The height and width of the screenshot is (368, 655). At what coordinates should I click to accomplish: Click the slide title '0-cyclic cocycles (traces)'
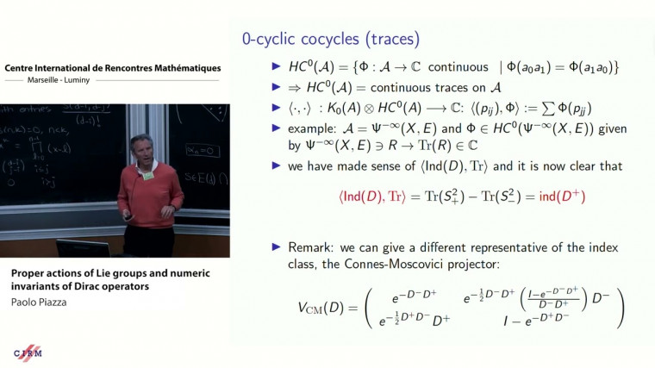tap(330, 38)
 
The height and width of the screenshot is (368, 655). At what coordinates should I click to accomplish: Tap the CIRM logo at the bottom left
tap(28, 354)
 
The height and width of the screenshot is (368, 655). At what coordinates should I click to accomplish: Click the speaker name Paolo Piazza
tap(40, 303)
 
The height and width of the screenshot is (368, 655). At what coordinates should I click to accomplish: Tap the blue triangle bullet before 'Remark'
tap(277, 247)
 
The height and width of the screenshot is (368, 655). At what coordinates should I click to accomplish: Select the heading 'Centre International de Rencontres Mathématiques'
tap(112, 68)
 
